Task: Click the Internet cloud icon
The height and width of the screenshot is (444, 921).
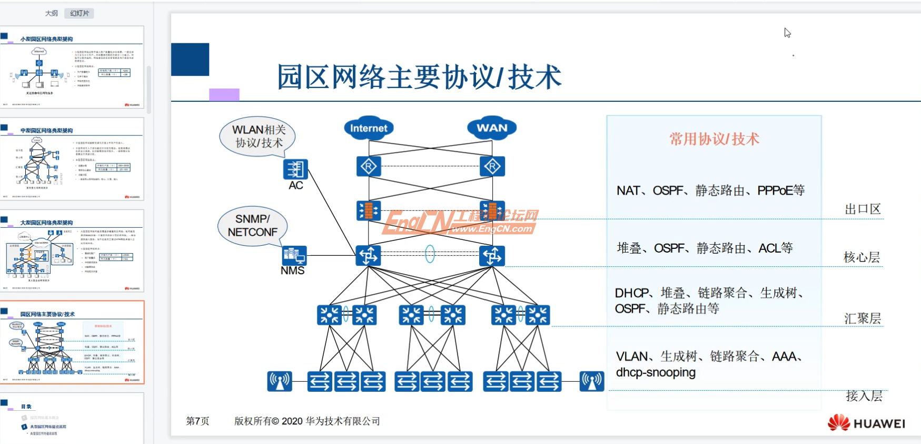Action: click(x=369, y=128)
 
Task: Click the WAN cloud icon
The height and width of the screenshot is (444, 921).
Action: click(x=492, y=128)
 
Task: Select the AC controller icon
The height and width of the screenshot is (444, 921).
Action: click(x=295, y=170)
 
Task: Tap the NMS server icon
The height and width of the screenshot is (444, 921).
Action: click(x=294, y=256)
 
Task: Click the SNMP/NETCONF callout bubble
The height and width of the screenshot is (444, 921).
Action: click(x=253, y=226)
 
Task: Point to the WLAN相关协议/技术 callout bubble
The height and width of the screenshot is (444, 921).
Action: click(x=258, y=136)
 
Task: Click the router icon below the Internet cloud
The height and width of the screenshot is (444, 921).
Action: click(x=369, y=167)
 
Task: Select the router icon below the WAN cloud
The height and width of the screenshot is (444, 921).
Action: click(x=492, y=167)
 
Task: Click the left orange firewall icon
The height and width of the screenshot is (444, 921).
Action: click(x=369, y=210)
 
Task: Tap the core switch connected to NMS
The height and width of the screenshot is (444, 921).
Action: click(x=369, y=256)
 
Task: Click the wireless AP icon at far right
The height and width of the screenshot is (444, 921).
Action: click(x=592, y=381)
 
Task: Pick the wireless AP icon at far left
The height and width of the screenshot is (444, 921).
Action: click(x=280, y=381)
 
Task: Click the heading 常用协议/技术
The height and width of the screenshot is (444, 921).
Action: click(x=714, y=139)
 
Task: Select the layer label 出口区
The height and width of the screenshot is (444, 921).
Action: click(x=863, y=209)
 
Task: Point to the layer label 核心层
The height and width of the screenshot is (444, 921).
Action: click(x=861, y=257)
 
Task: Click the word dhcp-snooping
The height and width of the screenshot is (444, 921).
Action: click(x=656, y=372)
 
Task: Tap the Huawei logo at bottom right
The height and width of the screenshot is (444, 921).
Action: click(x=866, y=423)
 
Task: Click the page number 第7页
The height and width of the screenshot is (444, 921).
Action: click(x=197, y=421)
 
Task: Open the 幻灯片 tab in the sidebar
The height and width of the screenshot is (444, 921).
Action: click(x=80, y=13)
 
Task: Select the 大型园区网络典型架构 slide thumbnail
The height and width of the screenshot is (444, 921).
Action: click(x=72, y=251)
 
